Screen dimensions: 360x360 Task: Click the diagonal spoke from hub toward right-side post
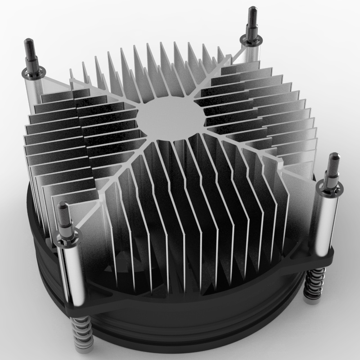pos(252,144)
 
